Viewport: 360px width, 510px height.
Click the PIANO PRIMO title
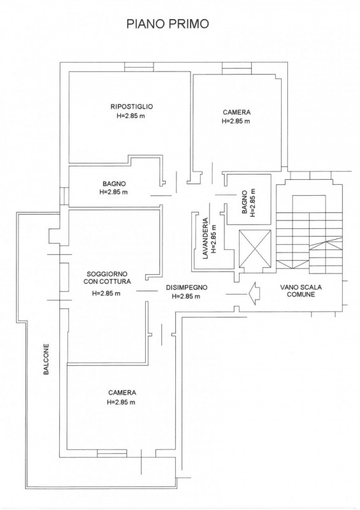[x=168, y=24]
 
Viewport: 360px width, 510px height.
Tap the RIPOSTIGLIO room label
[x=131, y=106]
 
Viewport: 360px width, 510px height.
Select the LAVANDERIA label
[x=205, y=238]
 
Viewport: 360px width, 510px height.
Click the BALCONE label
[x=46, y=360]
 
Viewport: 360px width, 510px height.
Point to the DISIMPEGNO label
[x=186, y=288]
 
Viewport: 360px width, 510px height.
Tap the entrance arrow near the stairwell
[x=254, y=294]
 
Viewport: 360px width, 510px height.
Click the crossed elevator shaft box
[x=255, y=246]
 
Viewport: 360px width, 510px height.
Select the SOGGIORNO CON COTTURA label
[x=107, y=278]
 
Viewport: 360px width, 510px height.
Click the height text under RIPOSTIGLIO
[x=131, y=115]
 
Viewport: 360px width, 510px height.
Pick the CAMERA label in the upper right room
[x=237, y=112]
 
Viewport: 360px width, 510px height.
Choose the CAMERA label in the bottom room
[x=122, y=393]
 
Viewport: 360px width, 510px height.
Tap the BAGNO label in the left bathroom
[x=114, y=184]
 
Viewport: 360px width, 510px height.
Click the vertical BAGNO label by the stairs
[x=245, y=202]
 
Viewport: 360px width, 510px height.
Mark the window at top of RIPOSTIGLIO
[x=139, y=67]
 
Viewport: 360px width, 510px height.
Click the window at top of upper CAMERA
[x=237, y=68]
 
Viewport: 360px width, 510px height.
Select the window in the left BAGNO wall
[x=64, y=196]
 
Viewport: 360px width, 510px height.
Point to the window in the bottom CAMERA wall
[x=112, y=453]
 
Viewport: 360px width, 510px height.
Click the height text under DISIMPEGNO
[x=185, y=296]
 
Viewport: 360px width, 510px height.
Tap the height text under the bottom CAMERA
[x=121, y=402]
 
